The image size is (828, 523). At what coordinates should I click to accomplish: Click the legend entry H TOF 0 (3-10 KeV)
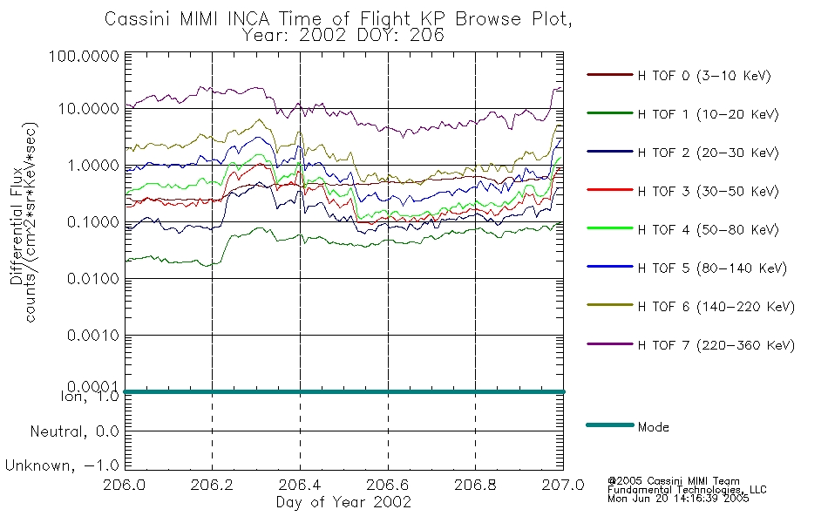click(704, 76)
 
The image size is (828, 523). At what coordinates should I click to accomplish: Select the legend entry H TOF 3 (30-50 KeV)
click(708, 191)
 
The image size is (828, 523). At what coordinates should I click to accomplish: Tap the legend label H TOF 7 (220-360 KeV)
click(716, 345)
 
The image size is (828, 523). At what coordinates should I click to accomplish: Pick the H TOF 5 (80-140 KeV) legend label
click(712, 268)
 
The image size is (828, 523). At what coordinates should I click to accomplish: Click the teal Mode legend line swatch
click(610, 425)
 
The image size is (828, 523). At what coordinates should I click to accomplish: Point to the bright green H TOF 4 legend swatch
click(610, 228)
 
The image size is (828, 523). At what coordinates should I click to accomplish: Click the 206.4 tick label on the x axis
click(300, 485)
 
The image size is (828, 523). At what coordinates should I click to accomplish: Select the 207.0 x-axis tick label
click(563, 485)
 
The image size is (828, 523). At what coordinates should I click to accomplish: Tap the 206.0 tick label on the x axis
click(125, 485)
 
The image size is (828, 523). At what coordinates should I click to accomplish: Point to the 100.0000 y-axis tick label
click(84, 56)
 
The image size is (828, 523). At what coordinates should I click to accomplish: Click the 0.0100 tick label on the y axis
click(93, 278)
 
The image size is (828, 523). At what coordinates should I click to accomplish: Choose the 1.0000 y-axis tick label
click(93, 166)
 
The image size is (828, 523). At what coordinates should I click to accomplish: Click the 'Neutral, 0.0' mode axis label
click(74, 431)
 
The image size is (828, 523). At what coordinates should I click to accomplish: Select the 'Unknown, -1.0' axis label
click(62, 465)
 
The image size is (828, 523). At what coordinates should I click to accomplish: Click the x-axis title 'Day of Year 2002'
click(343, 502)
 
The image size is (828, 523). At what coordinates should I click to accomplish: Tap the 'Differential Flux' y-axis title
click(17, 226)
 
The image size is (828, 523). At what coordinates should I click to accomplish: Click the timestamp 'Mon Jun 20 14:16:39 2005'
click(678, 499)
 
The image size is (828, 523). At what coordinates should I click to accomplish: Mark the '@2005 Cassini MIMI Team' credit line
click(673, 481)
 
